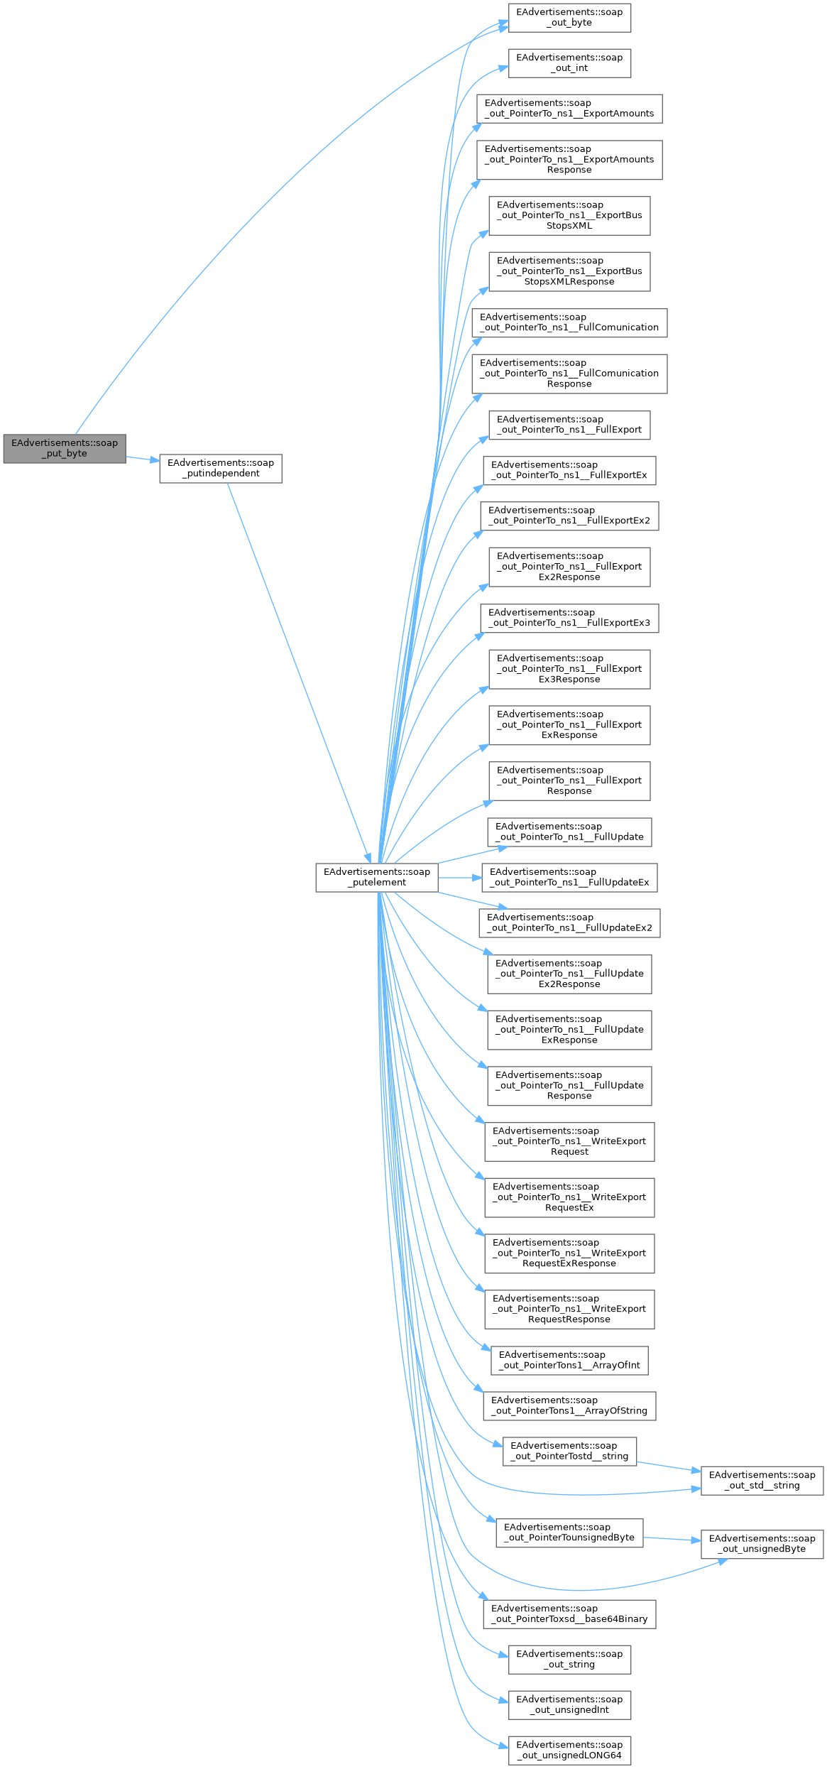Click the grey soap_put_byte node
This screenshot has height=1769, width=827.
point(65,448)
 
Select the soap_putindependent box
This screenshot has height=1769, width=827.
point(221,468)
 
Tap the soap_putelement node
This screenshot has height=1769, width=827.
point(377,877)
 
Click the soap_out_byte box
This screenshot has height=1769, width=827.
point(569,17)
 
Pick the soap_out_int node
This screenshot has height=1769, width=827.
point(569,62)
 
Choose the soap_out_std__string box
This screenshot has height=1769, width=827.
point(762,1480)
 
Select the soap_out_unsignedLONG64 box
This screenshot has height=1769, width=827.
point(569,1750)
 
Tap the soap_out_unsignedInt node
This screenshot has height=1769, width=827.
point(569,1704)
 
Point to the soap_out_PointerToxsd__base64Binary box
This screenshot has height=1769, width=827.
point(569,1613)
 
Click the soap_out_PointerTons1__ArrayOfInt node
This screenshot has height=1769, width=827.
point(569,1360)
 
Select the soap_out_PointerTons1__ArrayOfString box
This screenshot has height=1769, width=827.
point(569,1405)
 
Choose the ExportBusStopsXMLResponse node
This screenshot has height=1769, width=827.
point(569,271)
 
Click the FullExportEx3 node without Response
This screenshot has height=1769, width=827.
point(569,618)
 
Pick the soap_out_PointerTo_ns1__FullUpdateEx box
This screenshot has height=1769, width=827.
point(569,877)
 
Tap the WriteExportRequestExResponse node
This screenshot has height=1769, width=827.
point(569,1253)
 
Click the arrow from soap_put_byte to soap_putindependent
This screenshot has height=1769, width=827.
point(142,459)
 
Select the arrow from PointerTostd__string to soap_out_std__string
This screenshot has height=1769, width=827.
point(667,1466)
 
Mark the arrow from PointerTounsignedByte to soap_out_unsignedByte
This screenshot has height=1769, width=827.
point(671,1539)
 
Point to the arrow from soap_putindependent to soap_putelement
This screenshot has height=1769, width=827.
point(298,671)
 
